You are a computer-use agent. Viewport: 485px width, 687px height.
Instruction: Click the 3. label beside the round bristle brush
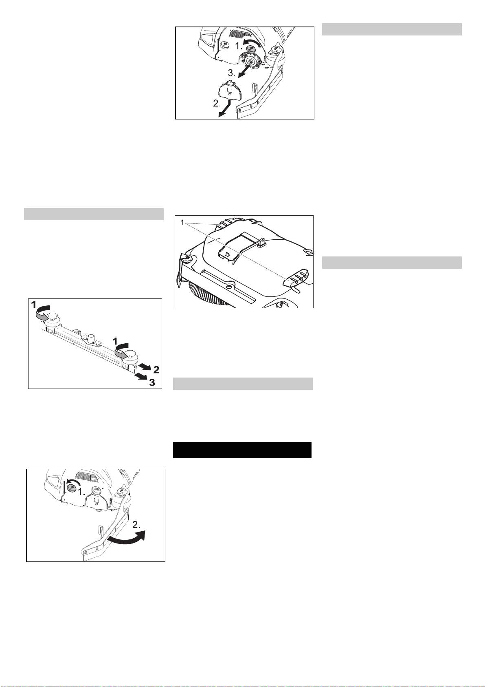click(x=232, y=74)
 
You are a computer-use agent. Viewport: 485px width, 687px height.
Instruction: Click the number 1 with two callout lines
click(x=182, y=223)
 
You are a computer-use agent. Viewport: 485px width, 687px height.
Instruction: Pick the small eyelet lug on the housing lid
click(x=261, y=242)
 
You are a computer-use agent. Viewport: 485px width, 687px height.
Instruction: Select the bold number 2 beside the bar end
click(x=156, y=370)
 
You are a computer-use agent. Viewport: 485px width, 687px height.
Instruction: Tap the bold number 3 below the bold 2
click(x=152, y=382)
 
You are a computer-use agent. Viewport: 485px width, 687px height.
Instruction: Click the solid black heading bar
click(x=242, y=450)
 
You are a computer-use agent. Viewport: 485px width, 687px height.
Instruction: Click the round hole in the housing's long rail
click(x=228, y=286)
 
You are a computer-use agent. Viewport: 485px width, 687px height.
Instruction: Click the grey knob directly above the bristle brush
click(x=252, y=49)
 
